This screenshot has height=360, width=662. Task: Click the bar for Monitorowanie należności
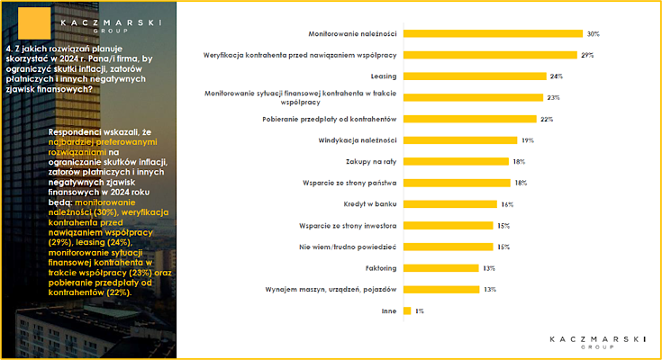tap(494, 34)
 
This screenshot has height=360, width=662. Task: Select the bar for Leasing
tap(475, 76)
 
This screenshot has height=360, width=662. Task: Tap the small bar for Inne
tap(407, 311)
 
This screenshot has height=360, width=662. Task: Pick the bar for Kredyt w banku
tap(450, 204)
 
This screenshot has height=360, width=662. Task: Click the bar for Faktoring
tap(441, 268)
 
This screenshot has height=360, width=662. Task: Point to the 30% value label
tap(594, 34)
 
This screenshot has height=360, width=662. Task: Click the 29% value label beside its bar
tap(587, 55)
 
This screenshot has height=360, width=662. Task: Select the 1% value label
tap(419, 311)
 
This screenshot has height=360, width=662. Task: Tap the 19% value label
tap(528, 140)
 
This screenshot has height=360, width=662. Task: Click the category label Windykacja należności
tap(358, 140)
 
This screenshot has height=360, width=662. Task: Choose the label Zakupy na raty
tap(371, 162)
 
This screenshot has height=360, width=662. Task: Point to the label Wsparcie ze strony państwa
tap(349, 183)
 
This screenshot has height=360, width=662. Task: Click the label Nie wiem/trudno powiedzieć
tap(348, 247)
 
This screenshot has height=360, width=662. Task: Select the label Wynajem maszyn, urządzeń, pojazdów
tap(331, 290)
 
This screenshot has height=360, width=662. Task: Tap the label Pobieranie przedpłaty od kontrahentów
tap(330, 119)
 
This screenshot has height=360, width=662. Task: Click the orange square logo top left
tap(34, 23)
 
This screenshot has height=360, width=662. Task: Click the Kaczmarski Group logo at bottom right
tap(597, 342)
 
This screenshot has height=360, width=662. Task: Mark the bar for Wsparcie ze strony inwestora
tap(449, 226)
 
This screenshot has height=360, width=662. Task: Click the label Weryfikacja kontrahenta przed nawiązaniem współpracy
tap(300, 55)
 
